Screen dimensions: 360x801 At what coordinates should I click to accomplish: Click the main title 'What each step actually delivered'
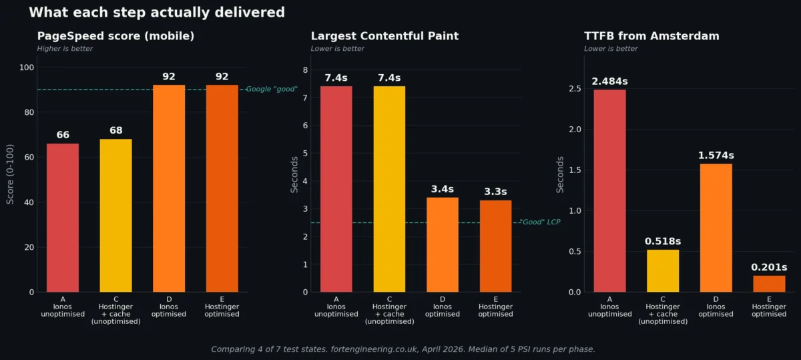coord(157,13)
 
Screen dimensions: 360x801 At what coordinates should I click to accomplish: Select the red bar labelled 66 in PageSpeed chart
coord(63,218)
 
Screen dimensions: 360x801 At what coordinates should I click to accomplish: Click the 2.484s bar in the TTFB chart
coord(609,190)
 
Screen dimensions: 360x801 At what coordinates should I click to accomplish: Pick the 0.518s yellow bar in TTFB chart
coord(663,271)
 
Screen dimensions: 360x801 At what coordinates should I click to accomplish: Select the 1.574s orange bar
coord(716,228)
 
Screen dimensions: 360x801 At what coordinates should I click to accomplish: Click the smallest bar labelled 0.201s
coord(769,284)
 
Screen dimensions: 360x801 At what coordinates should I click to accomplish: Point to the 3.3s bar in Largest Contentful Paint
coord(495,246)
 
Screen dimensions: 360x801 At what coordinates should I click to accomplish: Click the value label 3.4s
coord(442,189)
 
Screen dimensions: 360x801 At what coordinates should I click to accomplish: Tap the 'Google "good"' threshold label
coord(272,89)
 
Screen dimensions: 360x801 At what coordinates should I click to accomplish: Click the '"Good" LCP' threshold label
coord(539,222)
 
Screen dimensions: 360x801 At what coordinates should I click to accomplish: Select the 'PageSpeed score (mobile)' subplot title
coord(115,36)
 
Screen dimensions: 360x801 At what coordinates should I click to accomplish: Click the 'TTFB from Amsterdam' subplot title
coord(651,36)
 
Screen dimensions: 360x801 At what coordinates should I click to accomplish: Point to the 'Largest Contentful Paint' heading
coord(384,36)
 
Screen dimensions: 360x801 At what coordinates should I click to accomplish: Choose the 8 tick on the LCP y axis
coord(305,69)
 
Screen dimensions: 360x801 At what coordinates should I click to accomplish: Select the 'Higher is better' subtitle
coord(65,49)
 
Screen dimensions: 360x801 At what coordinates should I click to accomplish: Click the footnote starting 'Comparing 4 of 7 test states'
coord(403,349)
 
